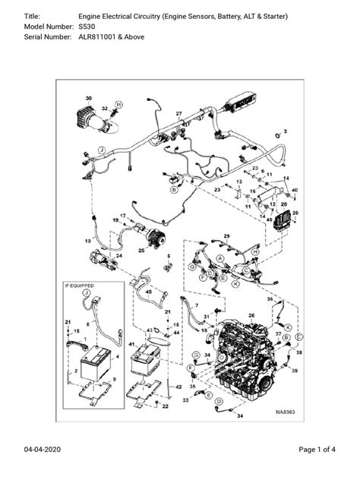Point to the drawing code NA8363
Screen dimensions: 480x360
284,413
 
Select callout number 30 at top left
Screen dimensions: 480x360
88,99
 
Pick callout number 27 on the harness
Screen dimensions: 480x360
179,114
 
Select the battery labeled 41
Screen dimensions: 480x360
149,362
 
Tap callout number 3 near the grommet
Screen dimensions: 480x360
286,131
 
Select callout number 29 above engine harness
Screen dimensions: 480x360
226,238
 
